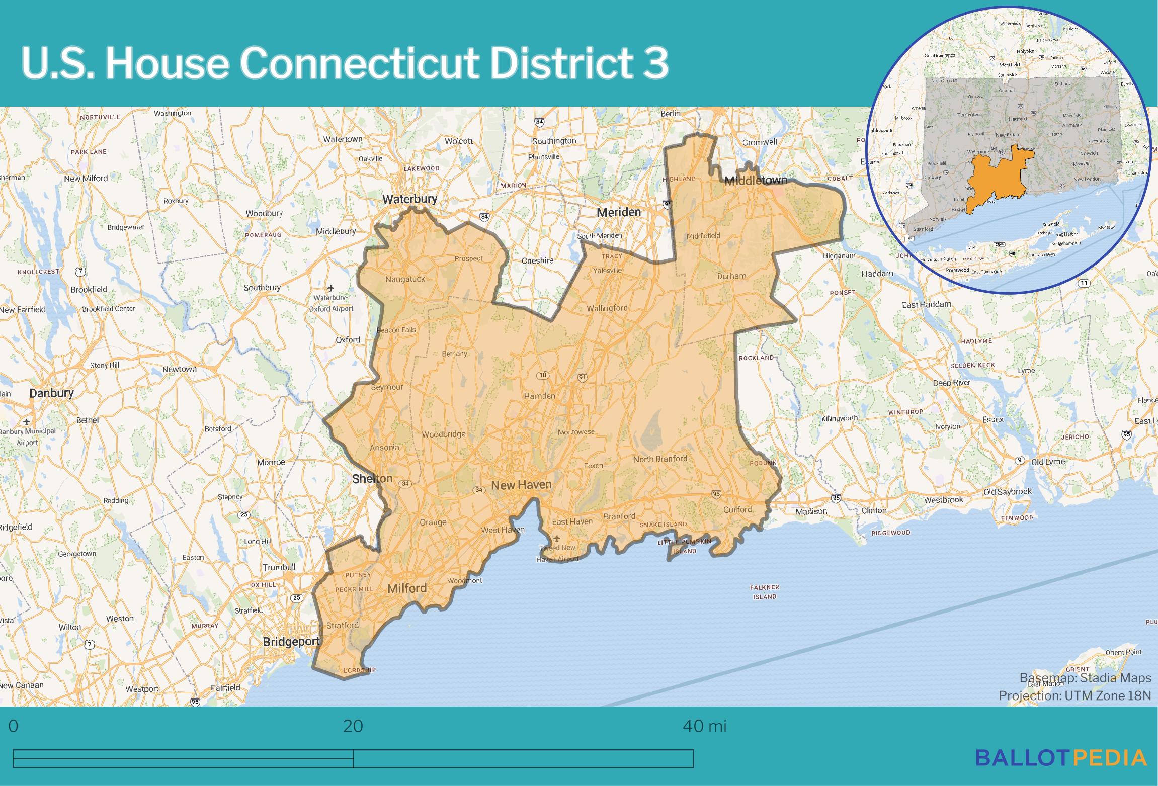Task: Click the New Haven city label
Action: [x=521, y=485]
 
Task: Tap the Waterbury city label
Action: [x=409, y=199]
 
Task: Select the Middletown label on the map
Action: [x=755, y=181]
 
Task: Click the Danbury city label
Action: [x=51, y=393]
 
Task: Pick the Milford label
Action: [x=406, y=588]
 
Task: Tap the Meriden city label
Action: [x=619, y=213]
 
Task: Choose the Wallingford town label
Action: [x=607, y=308]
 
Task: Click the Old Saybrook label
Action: [x=1008, y=492]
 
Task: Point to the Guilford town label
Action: [x=737, y=509]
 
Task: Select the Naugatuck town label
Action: [x=405, y=279]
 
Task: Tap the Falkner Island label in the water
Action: [x=764, y=592]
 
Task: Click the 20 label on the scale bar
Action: [x=353, y=726]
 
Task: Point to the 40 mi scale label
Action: [x=704, y=726]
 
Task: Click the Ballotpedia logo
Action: [x=1061, y=757]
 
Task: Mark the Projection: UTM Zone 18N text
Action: [x=1074, y=695]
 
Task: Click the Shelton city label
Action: [x=372, y=479]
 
